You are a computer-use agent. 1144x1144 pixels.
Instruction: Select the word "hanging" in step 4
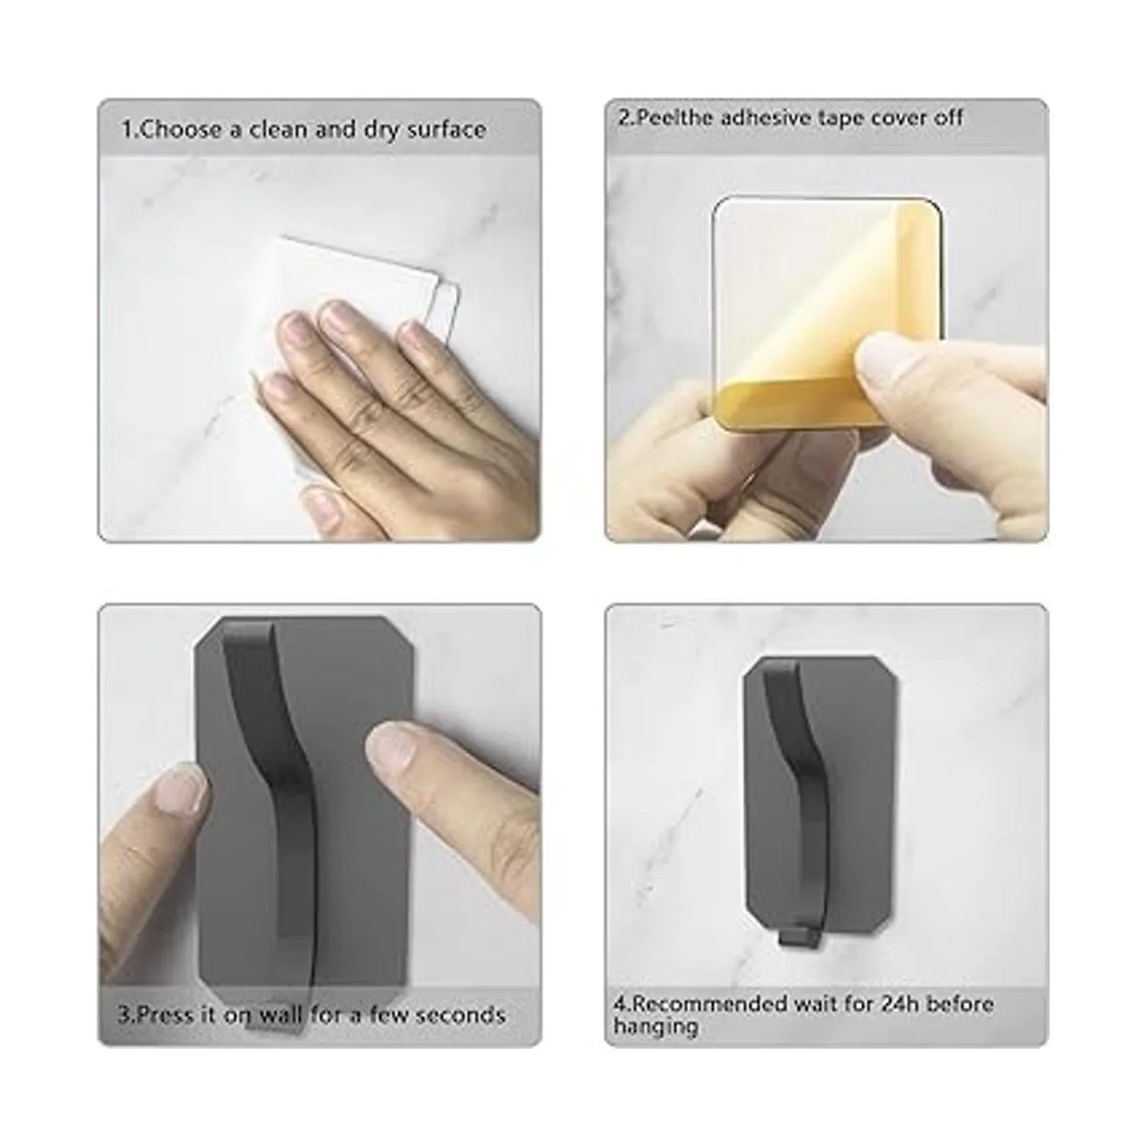(x=655, y=1028)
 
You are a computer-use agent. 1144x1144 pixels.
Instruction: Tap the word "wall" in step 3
(x=278, y=1014)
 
